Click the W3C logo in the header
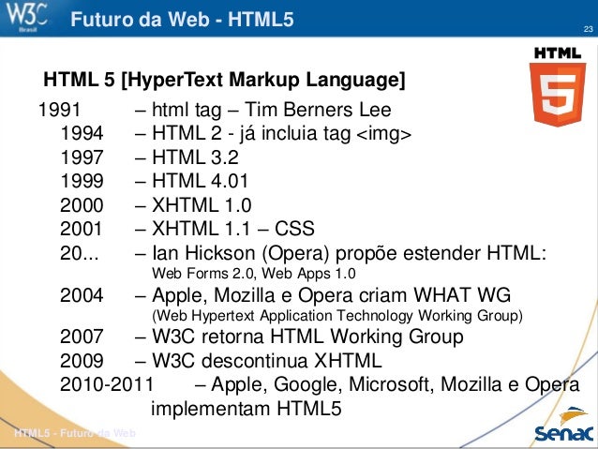coord(31,17)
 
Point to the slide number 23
coord(588,33)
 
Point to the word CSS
coord(294,229)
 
